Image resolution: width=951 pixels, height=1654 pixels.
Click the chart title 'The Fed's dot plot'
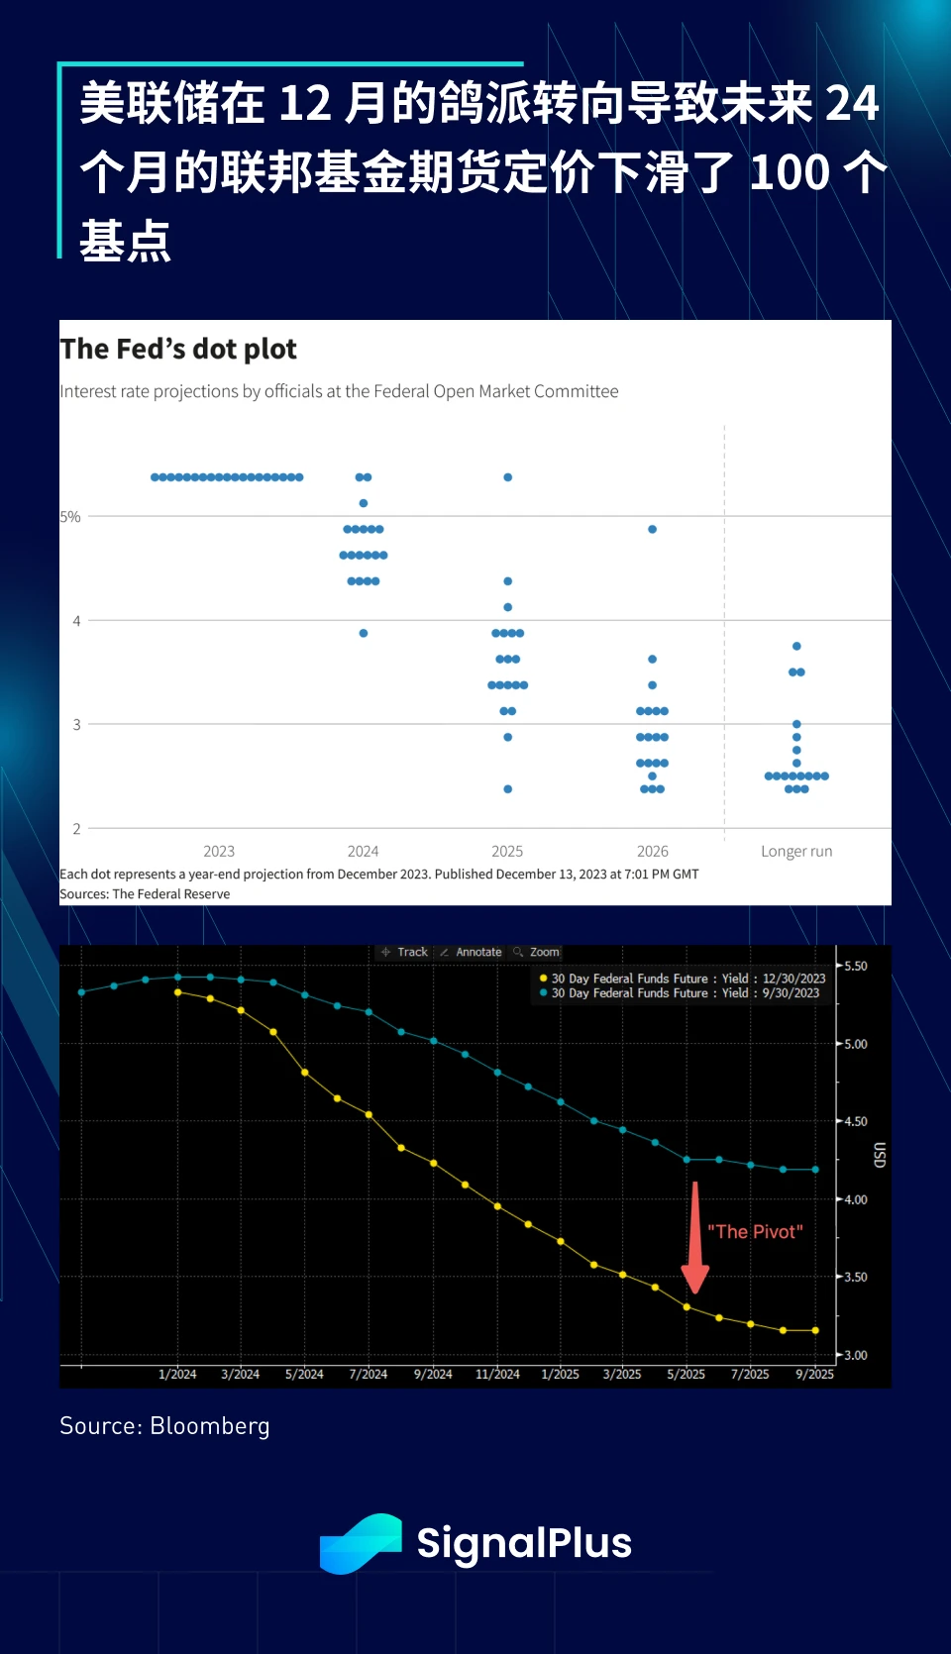[x=178, y=350]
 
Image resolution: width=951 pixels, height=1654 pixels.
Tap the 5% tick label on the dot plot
[x=70, y=517]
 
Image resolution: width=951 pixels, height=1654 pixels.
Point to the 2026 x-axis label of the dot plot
[x=652, y=852]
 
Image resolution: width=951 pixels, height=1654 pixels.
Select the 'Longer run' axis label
[x=796, y=852]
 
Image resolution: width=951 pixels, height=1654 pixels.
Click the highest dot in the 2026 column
[x=652, y=530]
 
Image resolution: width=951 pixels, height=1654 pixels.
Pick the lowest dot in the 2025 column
[x=507, y=789]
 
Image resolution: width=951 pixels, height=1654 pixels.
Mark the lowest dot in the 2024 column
[x=364, y=633]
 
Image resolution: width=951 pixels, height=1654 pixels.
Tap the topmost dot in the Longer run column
[x=796, y=647]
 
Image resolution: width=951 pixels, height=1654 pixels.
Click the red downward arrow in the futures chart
[x=695, y=1238]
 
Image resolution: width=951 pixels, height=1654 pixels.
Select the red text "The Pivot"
[x=755, y=1232]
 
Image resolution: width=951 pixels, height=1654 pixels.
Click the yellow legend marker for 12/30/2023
[x=544, y=979]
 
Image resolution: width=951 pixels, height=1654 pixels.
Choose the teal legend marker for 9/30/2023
[x=544, y=992]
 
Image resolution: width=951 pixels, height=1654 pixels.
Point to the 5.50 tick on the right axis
[x=855, y=966]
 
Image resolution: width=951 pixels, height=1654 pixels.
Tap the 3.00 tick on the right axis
[x=855, y=1355]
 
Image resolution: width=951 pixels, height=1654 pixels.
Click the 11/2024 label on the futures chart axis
[x=497, y=1375]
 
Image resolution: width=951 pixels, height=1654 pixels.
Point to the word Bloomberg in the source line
[x=210, y=1426]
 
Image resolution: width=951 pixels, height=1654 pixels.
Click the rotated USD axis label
[x=879, y=1155]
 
